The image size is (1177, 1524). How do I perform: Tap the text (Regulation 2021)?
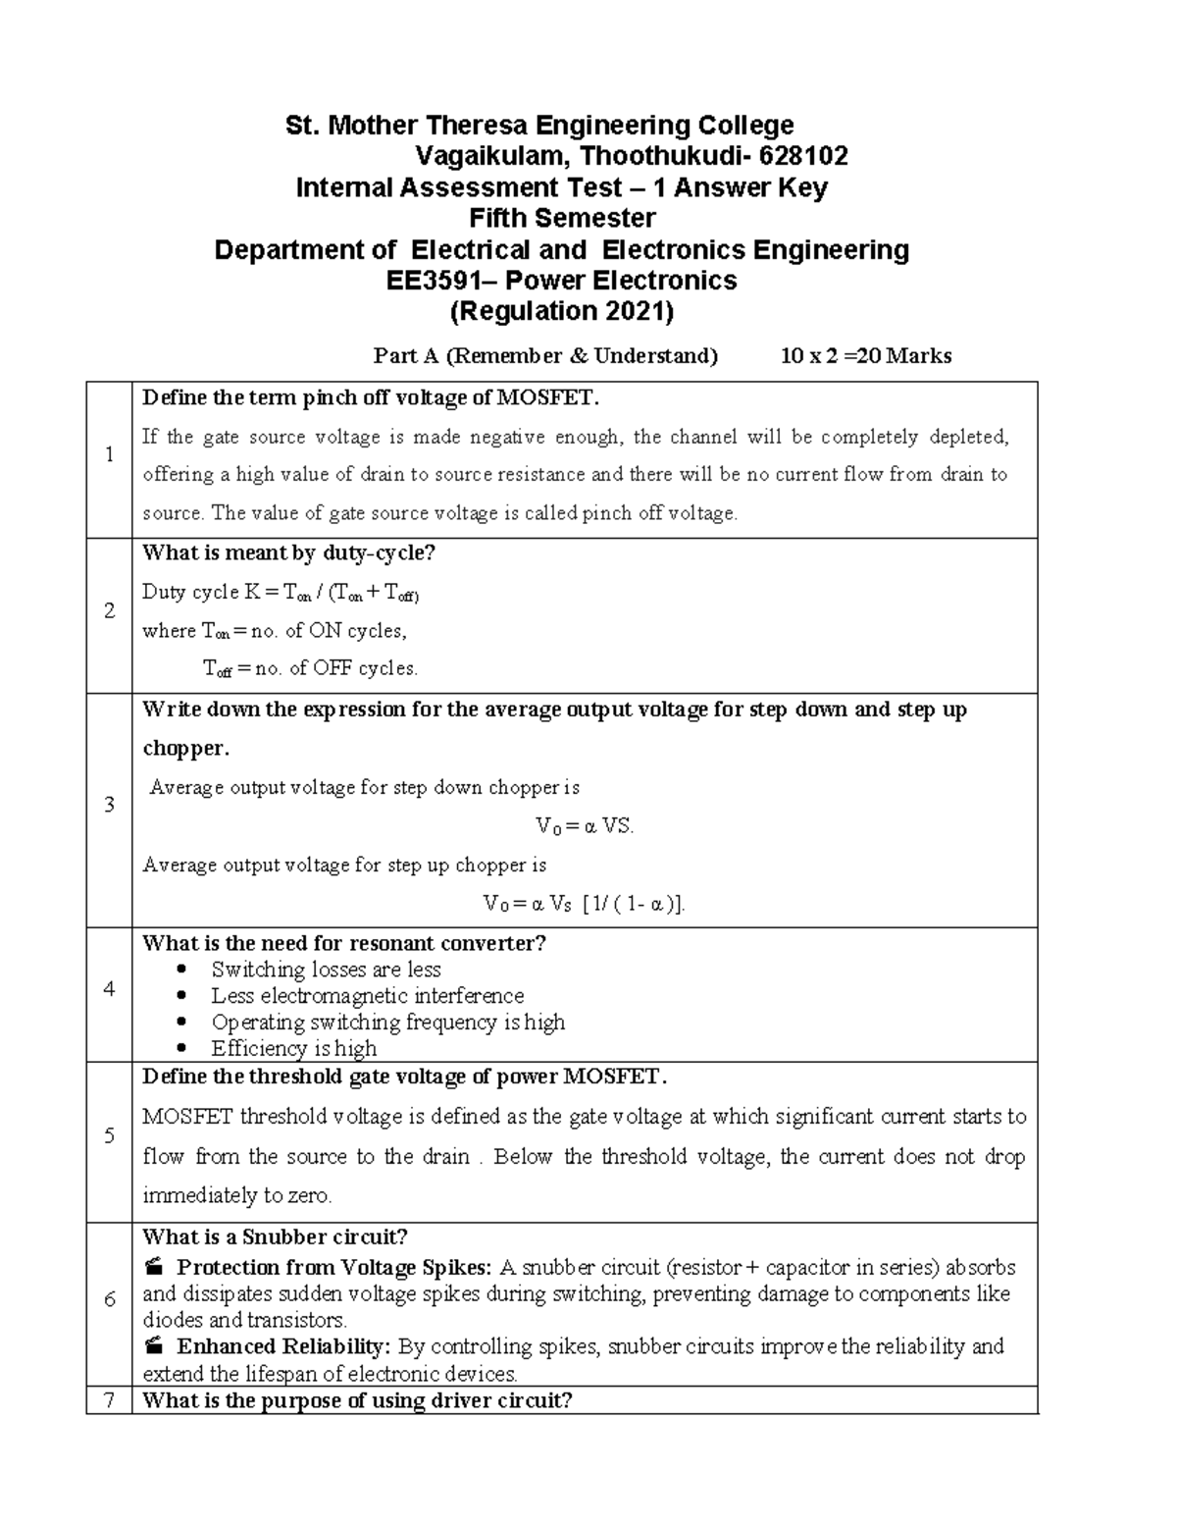coord(561,312)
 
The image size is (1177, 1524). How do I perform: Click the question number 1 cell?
coord(109,454)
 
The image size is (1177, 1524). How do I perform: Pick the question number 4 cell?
coord(109,989)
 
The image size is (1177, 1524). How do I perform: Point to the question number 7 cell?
coord(109,1400)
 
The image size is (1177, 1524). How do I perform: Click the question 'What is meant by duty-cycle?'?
coord(288,553)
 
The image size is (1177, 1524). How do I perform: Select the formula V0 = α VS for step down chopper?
coord(585,826)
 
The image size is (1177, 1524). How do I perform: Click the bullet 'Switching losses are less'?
coord(326,970)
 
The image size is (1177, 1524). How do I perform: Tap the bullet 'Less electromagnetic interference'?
coord(367,996)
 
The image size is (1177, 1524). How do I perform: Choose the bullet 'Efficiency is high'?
coord(293,1048)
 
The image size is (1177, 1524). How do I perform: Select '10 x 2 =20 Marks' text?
coord(865,355)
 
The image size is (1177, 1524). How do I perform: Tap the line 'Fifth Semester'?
coord(562,218)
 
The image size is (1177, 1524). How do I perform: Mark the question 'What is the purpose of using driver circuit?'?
coord(357,1400)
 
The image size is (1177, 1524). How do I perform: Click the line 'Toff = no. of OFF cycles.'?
coord(310,669)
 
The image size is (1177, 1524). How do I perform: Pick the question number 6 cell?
coord(109,1299)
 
